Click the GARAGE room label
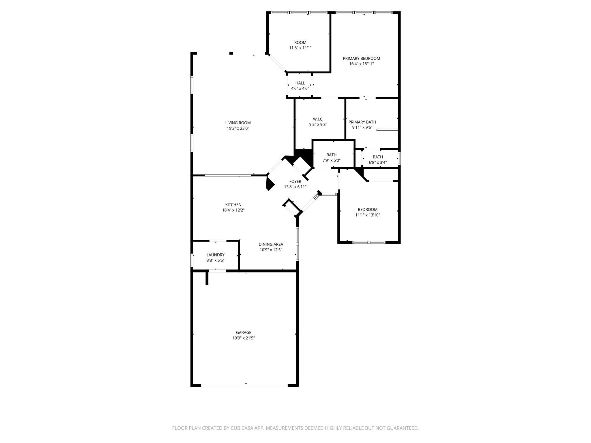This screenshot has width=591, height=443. click(x=244, y=333)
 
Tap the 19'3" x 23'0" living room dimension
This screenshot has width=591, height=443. click(x=238, y=128)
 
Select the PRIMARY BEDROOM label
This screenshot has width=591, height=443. click(x=361, y=59)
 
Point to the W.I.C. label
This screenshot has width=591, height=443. click(x=318, y=119)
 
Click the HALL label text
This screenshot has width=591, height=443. click(x=300, y=83)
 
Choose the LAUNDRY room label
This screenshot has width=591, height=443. click(x=215, y=255)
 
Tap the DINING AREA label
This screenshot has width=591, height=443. click(x=271, y=244)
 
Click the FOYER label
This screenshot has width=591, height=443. click(x=295, y=181)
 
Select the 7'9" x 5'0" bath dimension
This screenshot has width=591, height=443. click(x=331, y=160)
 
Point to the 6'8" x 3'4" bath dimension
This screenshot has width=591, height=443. click(x=378, y=162)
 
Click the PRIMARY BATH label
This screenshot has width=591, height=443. click(x=362, y=122)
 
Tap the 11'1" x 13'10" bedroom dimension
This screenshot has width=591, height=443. click(x=367, y=215)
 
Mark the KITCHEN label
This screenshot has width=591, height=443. click(x=233, y=205)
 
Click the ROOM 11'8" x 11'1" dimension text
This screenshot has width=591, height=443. click(x=300, y=48)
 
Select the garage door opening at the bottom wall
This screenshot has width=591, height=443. click(x=244, y=385)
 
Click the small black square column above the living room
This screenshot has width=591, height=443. click(x=231, y=53)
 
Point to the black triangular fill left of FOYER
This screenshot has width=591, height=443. click(x=270, y=184)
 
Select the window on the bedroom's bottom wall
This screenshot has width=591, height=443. click(x=369, y=242)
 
